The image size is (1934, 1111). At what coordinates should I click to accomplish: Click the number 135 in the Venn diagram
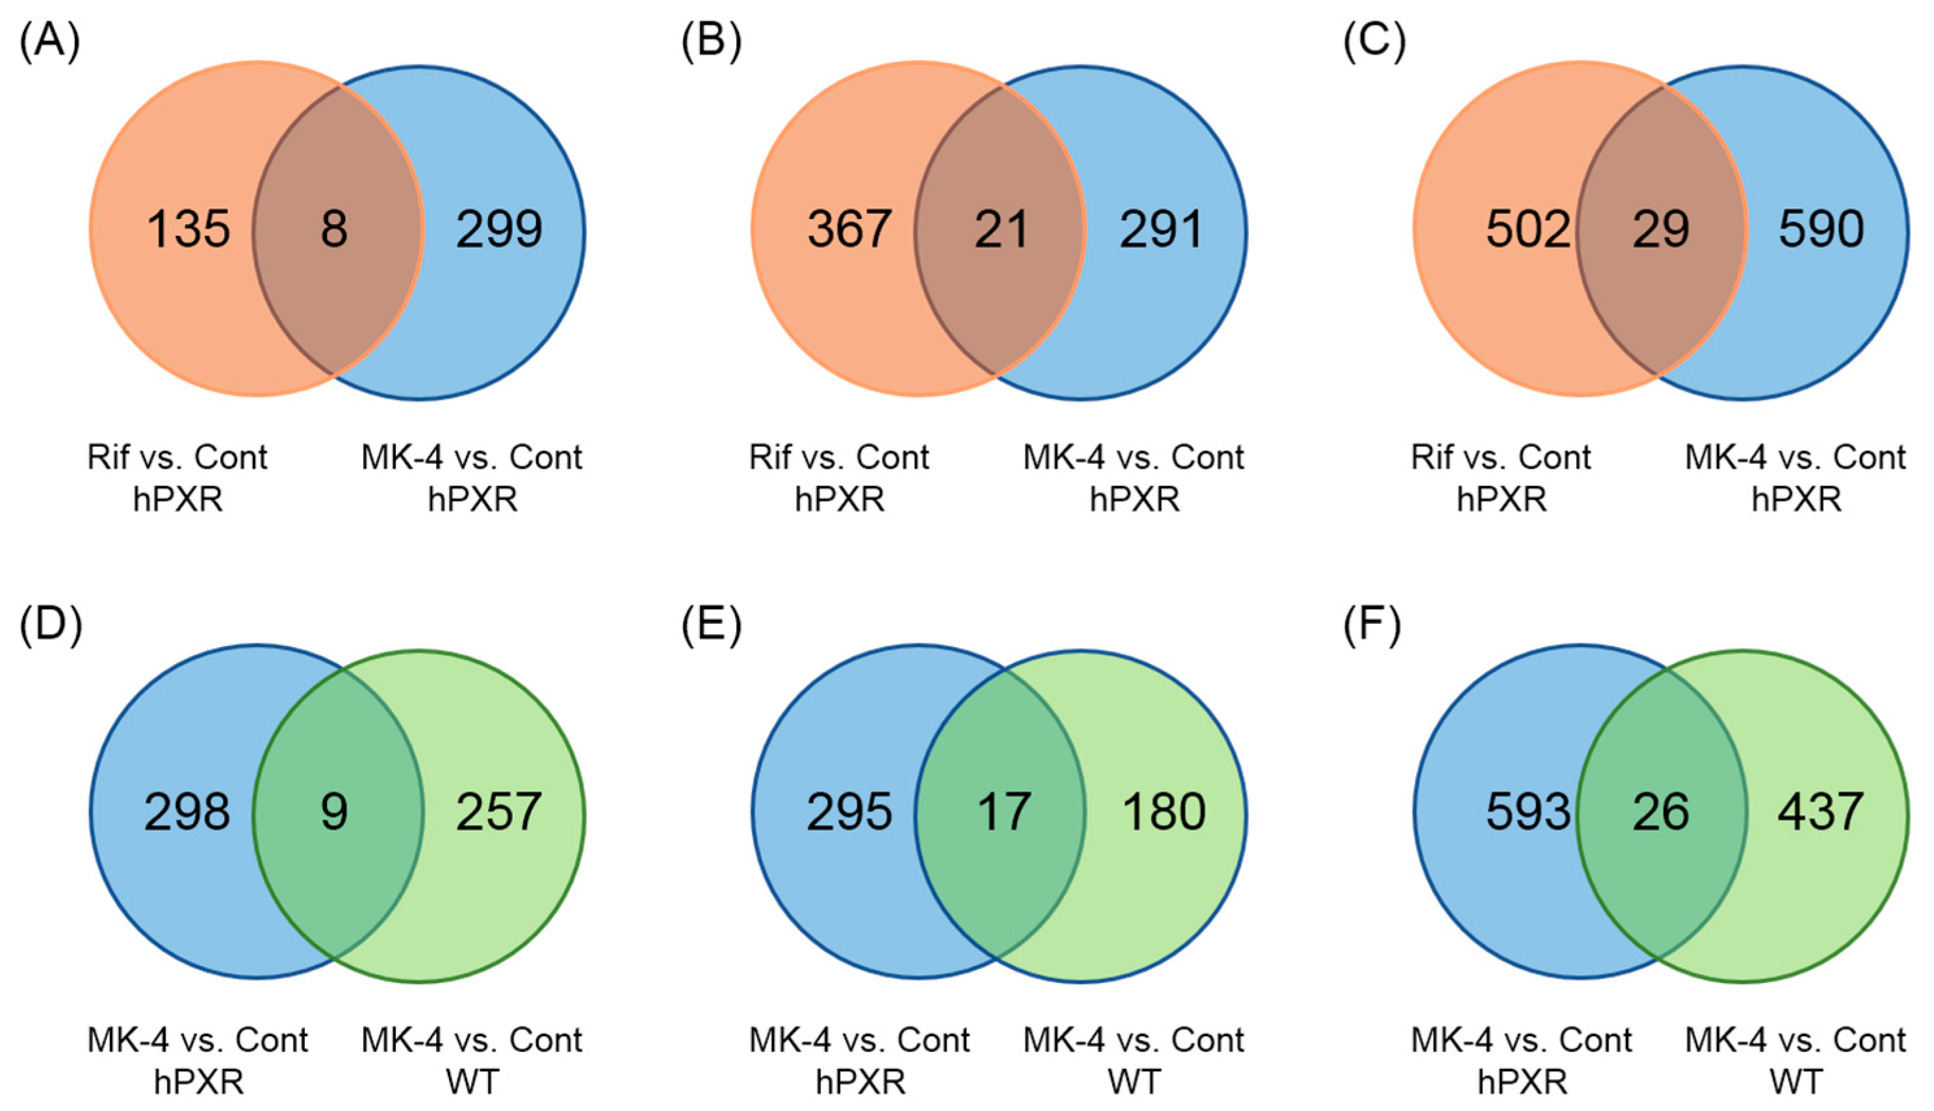(188, 229)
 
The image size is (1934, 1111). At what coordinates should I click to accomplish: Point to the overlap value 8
(334, 229)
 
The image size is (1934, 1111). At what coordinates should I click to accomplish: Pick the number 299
(499, 229)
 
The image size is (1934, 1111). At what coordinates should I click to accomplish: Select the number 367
(849, 229)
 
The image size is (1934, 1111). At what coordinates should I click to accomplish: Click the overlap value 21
(1001, 229)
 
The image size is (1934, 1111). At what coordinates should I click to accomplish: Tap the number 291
(1161, 229)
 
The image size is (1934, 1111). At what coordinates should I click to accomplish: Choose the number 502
(1528, 229)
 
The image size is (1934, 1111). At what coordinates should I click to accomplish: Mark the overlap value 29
(1662, 229)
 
